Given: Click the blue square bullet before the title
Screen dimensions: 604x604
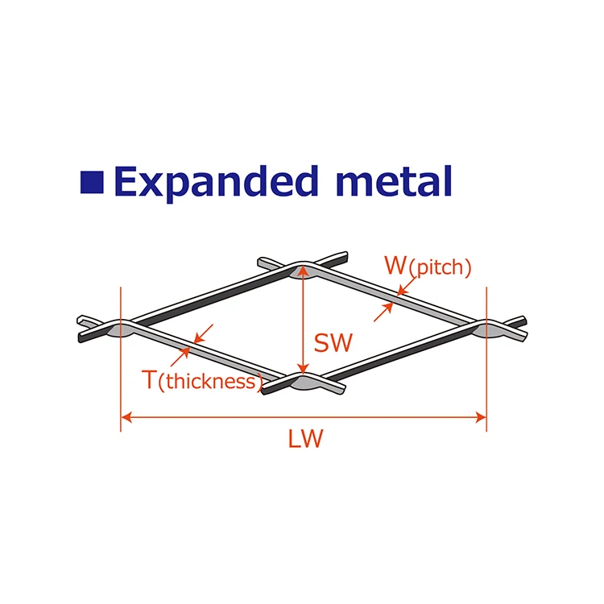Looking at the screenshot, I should coord(93,181).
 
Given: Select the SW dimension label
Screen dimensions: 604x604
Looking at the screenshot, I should coord(333,344).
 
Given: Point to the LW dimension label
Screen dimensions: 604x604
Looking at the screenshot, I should coord(305,440).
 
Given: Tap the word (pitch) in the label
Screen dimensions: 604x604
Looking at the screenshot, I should coord(440,268).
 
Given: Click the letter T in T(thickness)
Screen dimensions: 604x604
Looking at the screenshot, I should coord(150,380).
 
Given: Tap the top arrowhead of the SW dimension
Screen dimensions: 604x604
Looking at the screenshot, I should coord(302,273).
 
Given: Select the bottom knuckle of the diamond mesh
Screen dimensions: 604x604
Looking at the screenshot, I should coord(302,381).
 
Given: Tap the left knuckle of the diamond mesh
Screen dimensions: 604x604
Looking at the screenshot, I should coord(121,328).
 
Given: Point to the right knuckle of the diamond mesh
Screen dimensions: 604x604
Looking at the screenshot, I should coord(486,328).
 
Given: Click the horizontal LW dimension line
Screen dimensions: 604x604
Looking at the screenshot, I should coord(242,417).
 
